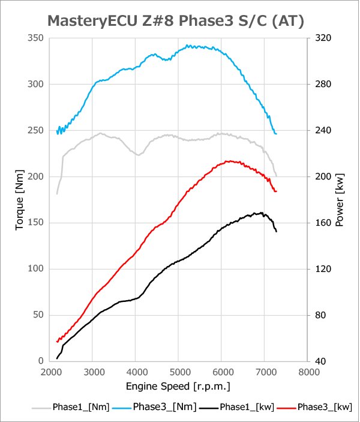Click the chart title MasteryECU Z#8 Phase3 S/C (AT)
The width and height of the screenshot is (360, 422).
click(176, 21)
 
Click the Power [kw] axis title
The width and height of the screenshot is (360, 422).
click(340, 199)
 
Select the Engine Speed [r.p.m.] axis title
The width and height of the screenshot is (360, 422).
click(178, 385)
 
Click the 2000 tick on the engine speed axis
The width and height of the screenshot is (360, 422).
click(50, 372)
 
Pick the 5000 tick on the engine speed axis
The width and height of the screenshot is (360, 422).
click(179, 372)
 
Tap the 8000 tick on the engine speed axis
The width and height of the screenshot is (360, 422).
click(308, 372)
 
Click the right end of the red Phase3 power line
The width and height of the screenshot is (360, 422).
click(276, 191)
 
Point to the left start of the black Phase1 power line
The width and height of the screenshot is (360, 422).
click(57, 358)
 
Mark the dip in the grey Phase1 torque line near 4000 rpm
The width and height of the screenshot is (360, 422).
click(139, 155)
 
